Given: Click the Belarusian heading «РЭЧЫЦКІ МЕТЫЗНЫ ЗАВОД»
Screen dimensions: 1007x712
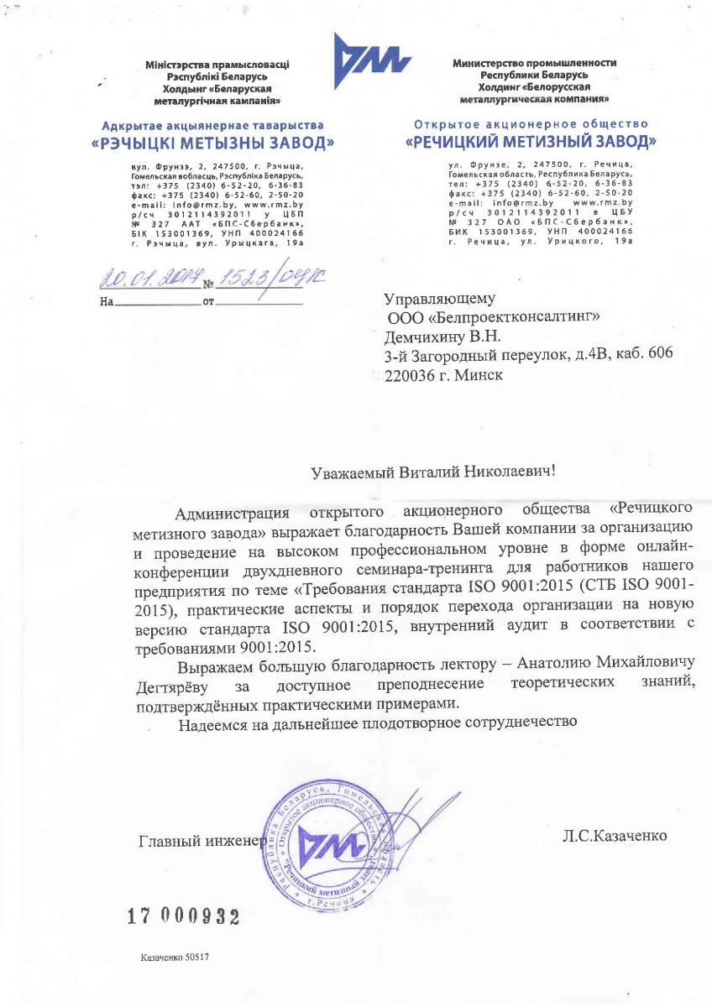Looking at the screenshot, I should tap(212, 143).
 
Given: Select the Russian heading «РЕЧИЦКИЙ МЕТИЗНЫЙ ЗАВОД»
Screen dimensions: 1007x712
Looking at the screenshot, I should tap(531, 140).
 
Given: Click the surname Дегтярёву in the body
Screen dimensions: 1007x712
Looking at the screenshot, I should tap(172, 688).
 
